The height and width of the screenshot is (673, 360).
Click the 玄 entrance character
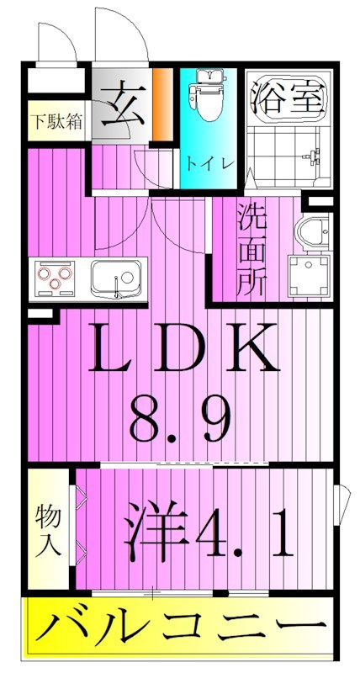tap(122, 105)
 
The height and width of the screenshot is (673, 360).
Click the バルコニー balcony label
tap(179, 627)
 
